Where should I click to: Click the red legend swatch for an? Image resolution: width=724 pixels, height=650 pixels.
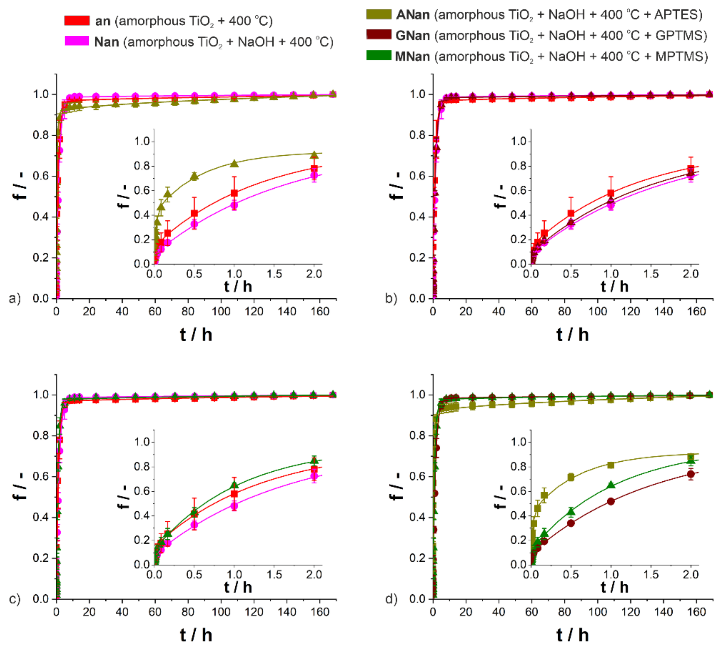pyautogui.click(x=77, y=21)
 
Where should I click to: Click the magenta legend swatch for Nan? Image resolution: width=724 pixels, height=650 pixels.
pyautogui.click(x=77, y=41)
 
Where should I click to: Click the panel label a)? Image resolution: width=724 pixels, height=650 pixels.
pyautogui.click(x=15, y=298)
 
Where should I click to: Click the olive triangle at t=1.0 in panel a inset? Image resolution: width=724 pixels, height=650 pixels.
pyautogui.click(x=234, y=163)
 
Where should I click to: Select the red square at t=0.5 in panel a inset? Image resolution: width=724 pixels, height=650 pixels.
pyautogui.click(x=194, y=213)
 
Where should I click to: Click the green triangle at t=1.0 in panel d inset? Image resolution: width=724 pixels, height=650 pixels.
pyautogui.click(x=611, y=485)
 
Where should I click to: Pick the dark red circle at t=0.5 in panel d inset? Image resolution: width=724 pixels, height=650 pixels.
pyautogui.click(x=571, y=523)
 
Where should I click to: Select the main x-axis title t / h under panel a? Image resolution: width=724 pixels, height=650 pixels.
pyautogui.click(x=196, y=335)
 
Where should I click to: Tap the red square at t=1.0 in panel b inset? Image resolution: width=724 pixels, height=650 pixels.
pyautogui.click(x=611, y=193)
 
